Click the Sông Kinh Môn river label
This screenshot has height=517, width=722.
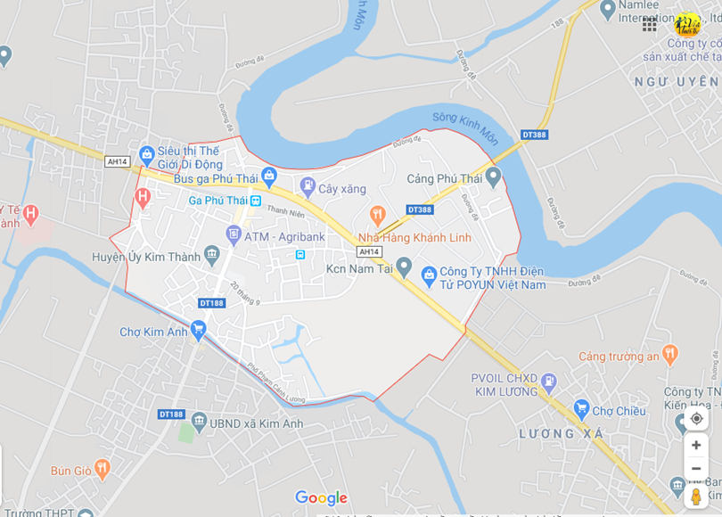465,127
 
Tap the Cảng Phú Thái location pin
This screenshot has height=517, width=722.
493,176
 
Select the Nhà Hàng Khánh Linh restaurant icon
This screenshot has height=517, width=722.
377,214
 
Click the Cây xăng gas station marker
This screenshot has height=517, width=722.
308,187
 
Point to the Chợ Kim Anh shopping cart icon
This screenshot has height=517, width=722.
199,331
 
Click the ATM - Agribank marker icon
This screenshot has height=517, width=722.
234,235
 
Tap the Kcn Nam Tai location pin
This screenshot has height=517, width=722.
404,267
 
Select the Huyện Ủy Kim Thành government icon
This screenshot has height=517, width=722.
212,256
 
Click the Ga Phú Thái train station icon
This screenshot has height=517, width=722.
256,201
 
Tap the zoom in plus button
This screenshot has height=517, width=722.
696,445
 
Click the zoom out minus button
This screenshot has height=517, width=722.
696,469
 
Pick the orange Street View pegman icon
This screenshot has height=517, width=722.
696,496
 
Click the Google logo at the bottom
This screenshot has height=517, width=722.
321,498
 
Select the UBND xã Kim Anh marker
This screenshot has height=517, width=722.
199,421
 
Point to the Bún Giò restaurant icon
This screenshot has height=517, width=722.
103,468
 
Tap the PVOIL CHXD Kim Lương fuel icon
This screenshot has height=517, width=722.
549,383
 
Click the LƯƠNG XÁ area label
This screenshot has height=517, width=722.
562,434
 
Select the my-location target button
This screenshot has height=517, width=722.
696,418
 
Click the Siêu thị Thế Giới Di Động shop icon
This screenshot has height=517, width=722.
146,155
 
